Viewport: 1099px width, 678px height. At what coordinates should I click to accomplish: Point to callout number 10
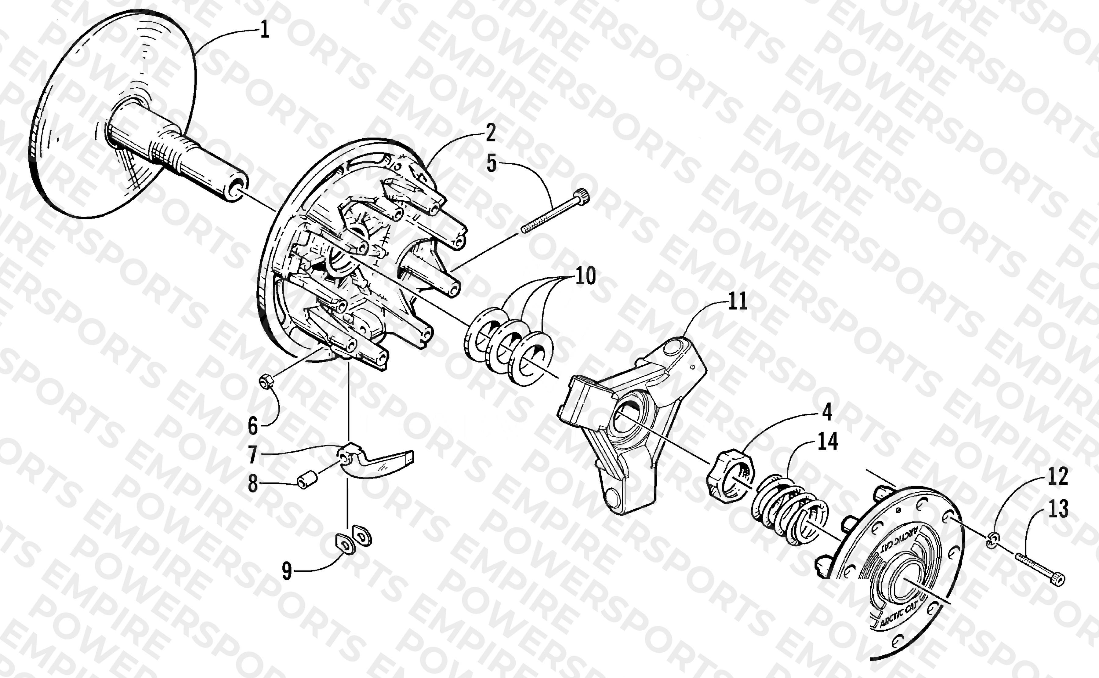click(x=585, y=276)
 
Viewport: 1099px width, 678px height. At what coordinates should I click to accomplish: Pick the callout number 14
click(x=827, y=442)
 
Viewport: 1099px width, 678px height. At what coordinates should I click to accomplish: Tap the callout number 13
click(x=1058, y=509)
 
